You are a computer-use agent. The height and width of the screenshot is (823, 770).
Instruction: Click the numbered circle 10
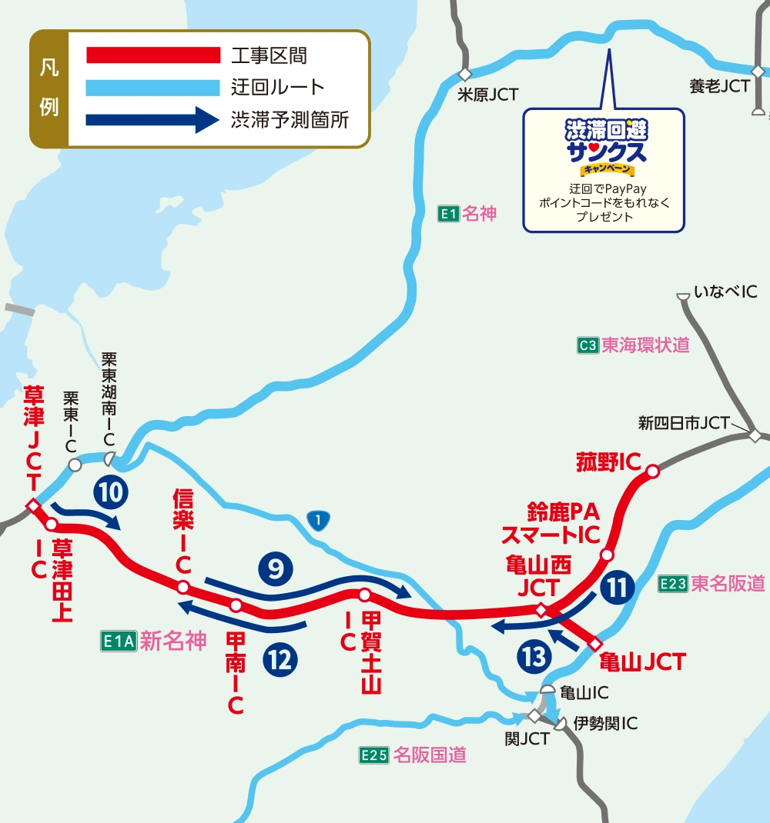click(x=111, y=492)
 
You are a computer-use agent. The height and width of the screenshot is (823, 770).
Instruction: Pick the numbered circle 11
click(x=617, y=588)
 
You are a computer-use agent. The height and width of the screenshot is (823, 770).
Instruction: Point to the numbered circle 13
click(x=535, y=656)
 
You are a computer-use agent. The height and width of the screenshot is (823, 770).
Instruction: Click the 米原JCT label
click(x=488, y=95)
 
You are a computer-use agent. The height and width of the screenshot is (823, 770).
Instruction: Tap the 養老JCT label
click(x=719, y=86)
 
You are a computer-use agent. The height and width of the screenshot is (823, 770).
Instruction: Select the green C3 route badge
click(x=588, y=345)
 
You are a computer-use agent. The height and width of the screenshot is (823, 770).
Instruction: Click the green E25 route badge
click(x=373, y=755)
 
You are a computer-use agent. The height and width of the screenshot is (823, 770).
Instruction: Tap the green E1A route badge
click(x=118, y=641)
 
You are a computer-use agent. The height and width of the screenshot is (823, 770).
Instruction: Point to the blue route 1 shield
click(x=317, y=521)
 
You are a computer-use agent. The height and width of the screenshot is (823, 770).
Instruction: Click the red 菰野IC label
click(x=608, y=462)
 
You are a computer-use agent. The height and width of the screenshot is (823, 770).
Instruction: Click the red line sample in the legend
click(x=153, y=55)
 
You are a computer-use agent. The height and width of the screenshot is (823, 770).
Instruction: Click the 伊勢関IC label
click(x=605, y=724)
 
